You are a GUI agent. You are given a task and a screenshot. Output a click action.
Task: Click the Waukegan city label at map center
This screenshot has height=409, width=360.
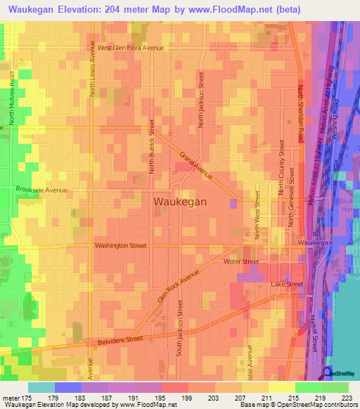click(179, 201)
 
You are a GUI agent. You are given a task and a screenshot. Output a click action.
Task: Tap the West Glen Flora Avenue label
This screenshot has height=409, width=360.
click(130, 48)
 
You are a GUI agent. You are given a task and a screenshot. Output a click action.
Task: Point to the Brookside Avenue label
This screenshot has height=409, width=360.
click(41, 190)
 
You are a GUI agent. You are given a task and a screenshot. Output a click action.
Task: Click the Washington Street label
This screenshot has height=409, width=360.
click(121, 246)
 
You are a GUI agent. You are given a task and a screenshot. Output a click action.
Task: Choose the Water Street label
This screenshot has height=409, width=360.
click(241, 261)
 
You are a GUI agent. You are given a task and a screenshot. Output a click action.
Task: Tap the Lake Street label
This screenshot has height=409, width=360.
click(287, 284)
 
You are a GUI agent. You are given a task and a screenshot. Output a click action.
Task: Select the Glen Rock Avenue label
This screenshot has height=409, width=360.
click(174, 287)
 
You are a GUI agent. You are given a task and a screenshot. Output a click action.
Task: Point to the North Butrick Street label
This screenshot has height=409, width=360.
click(151, 145)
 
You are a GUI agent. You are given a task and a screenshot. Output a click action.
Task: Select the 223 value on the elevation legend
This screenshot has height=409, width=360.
click(344, 397)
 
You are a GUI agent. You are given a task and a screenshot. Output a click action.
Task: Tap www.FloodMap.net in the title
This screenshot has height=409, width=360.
click(233, 10)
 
